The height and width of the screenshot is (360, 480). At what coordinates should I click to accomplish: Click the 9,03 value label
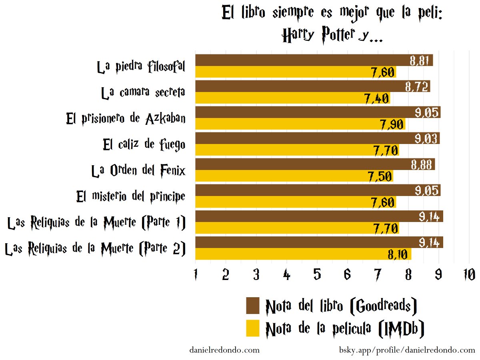427,138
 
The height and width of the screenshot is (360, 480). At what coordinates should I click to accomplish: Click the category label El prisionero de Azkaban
126,118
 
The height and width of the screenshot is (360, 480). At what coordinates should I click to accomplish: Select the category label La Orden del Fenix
138,171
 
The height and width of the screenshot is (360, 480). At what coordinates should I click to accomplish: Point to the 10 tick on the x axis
469,274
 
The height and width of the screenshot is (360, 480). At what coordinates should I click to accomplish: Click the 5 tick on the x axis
317,274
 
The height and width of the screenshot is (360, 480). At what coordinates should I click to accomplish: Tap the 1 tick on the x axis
195,274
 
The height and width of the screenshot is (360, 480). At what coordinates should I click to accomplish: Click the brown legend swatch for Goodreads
253,306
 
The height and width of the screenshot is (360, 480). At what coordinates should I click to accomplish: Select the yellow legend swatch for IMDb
253,328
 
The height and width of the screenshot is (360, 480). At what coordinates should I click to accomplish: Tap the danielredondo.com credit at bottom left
224,350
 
